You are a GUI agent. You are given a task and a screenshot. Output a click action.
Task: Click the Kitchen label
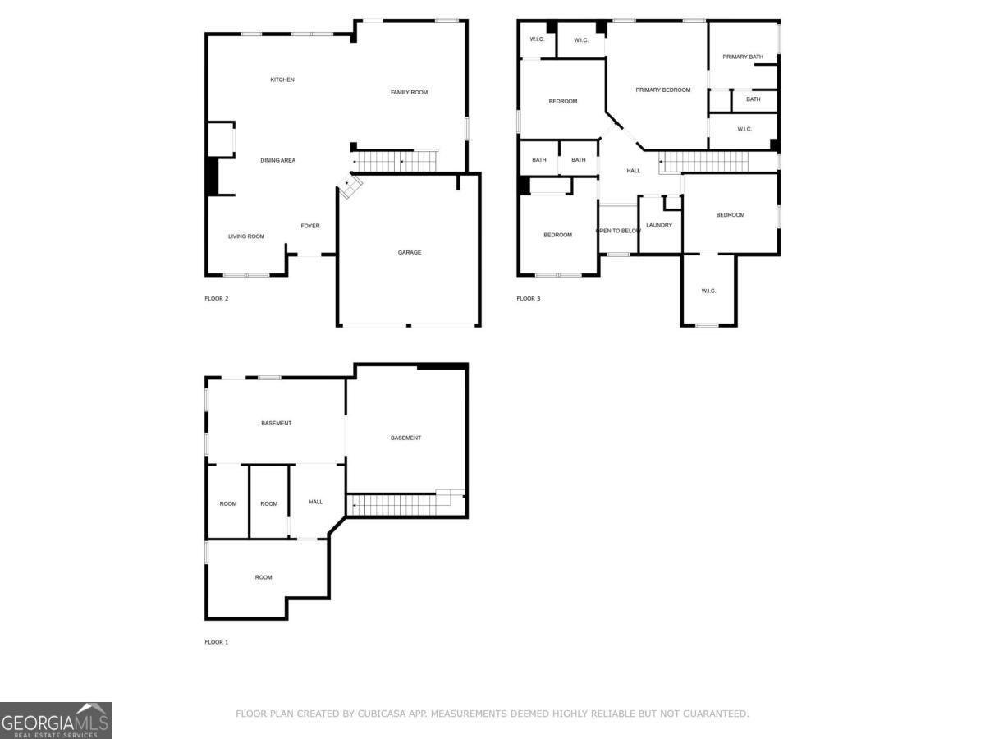[282, 80]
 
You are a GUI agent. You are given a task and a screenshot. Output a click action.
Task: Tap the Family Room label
[409, 92]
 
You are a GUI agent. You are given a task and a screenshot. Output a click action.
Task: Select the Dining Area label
[277, 160]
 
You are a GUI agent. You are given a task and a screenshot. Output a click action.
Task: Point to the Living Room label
[246, 236]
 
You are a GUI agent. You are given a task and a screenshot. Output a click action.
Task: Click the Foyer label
[310, 226]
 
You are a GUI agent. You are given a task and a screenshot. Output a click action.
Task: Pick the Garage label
[410, 252]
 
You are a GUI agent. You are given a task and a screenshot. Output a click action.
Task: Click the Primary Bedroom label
[663, 90]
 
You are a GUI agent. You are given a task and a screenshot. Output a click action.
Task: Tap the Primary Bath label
[742, 57]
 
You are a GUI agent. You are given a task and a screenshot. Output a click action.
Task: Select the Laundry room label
[659, 225]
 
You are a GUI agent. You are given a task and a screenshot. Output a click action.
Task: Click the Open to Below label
[618, 231]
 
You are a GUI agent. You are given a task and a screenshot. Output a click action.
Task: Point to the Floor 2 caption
[217, 298]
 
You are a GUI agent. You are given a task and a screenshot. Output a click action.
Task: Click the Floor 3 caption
[529, 298]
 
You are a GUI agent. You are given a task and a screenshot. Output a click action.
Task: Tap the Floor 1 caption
[217, 642]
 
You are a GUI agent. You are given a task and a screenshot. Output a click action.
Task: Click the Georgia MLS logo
[56, 720]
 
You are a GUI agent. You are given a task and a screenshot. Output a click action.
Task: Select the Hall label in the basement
[316, 502]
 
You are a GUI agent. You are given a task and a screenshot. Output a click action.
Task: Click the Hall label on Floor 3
[634, 171]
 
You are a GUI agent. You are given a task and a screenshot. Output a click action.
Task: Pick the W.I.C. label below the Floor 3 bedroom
[708, 291]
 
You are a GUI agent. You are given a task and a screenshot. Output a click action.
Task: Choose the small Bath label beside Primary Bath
[753, 99]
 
